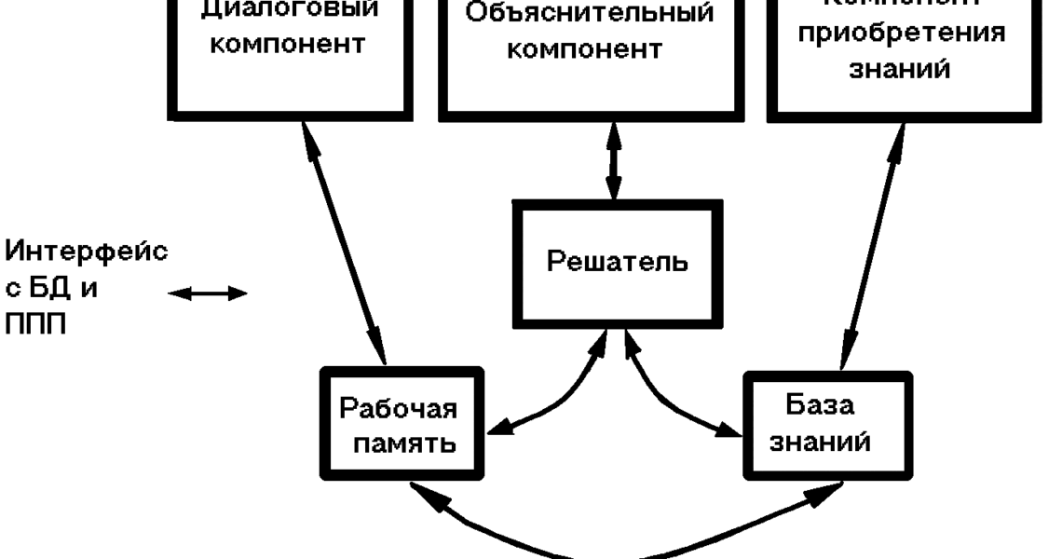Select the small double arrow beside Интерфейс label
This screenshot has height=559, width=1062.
[210, 294]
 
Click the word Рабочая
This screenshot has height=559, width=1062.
[398, 409]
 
